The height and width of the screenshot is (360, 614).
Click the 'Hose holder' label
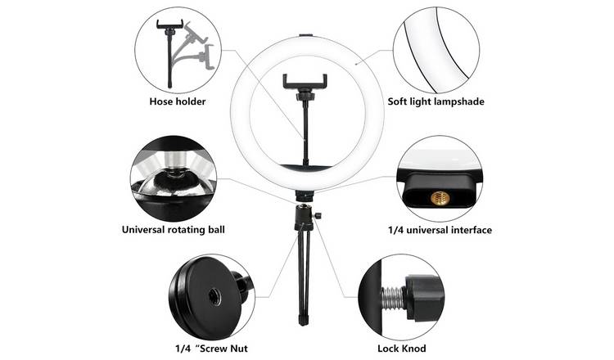point(178,101)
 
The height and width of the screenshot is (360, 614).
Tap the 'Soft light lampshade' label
point(436,101)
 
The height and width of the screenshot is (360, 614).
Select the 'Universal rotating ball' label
point(173,229)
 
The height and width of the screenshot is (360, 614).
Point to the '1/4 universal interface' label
point(440,230)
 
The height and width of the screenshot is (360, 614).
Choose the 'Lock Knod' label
point(402,349)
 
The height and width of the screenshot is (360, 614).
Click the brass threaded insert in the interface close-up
point(440,198)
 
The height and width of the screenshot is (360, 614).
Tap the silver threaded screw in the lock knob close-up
point(394,297)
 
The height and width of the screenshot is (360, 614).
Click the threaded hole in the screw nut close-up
point(214,297)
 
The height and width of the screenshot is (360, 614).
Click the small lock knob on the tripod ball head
point(318,216)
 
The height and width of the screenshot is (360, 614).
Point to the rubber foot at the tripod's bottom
point(302,320)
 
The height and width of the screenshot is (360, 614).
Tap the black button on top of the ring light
point(305,36)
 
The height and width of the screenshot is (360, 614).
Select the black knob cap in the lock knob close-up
point(424,297)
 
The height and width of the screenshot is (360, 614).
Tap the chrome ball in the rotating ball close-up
point(174,187)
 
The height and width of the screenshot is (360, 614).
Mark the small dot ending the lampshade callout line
point(356,63)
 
